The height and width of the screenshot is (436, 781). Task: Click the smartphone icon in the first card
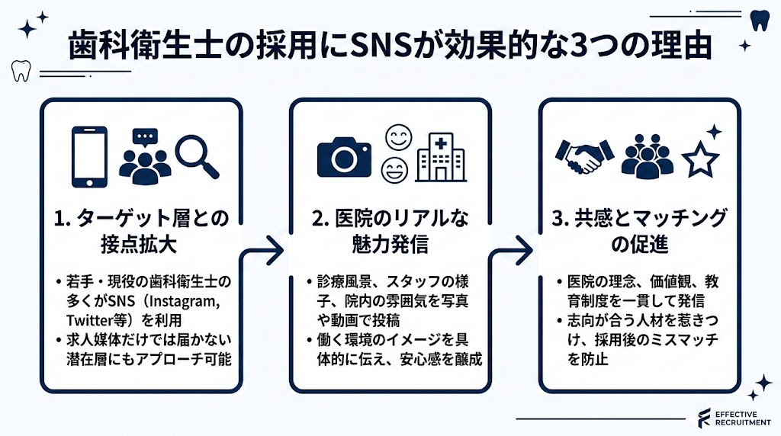pos(90,157)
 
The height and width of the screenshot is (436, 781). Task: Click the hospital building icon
pos(442,156)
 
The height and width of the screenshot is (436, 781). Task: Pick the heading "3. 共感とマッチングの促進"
pos(639,230)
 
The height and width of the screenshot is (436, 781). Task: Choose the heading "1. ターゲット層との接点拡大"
pos(141,230)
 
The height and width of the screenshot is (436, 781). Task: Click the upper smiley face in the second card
pos(397,138)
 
